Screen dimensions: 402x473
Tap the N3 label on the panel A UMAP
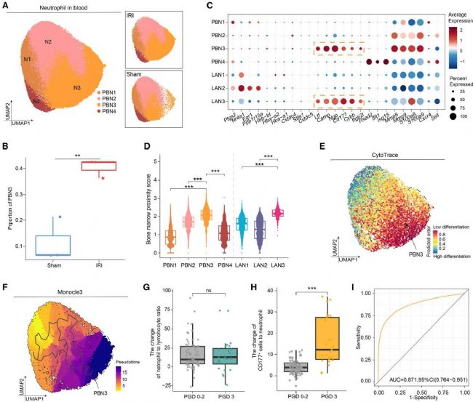78,89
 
